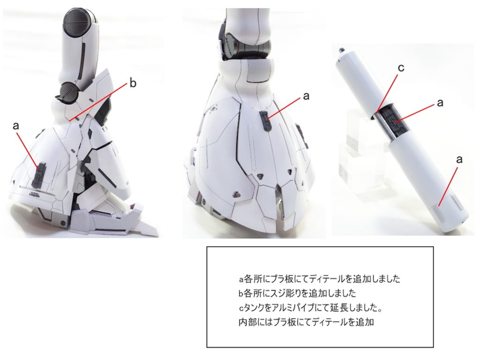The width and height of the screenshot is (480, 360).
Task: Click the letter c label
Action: point(401,68)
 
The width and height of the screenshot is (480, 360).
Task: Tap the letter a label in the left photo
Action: point(16,126)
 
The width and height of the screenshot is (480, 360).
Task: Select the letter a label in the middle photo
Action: point(306,96)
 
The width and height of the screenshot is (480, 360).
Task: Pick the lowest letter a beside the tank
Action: point(459,159)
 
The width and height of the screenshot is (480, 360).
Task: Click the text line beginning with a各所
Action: point(319,279)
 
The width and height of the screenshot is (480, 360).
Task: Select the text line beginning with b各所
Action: point(297,294)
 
